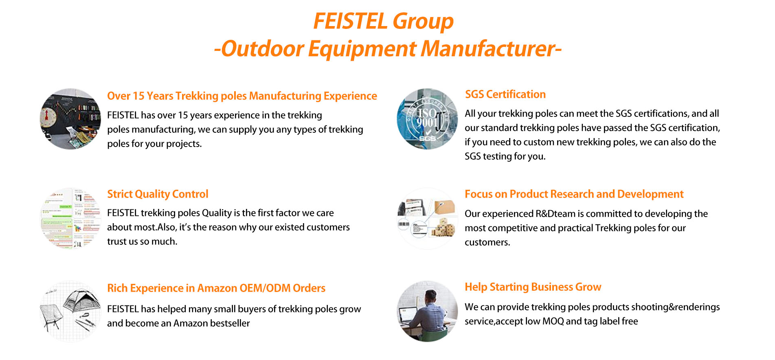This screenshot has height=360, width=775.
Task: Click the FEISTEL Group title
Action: (x=383, y=21)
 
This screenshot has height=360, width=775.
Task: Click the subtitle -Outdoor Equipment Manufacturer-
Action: (x=387, y=49)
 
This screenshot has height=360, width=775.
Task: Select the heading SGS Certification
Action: (x=505, y=94)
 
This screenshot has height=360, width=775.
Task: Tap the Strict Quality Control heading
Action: (x=158, y=194)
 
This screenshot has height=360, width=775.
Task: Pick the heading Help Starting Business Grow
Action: (x=533, y=287)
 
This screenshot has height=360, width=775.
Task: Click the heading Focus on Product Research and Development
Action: (x=574, y=194)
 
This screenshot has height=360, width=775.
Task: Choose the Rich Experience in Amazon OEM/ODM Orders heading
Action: (x=216, y=288)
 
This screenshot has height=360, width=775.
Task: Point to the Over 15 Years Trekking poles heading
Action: (x=242, y=96)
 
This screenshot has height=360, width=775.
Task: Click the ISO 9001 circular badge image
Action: (x=427, y=119)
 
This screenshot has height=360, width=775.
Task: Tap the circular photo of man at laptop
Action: (x=427, y=311)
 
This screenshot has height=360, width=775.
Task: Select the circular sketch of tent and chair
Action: (x=70, y=312)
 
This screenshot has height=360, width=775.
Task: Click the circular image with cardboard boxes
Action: (x=427, y=219)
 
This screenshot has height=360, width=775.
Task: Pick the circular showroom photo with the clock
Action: (x=70, y=119)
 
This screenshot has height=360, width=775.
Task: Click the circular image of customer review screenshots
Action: (x=70, y=219)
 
